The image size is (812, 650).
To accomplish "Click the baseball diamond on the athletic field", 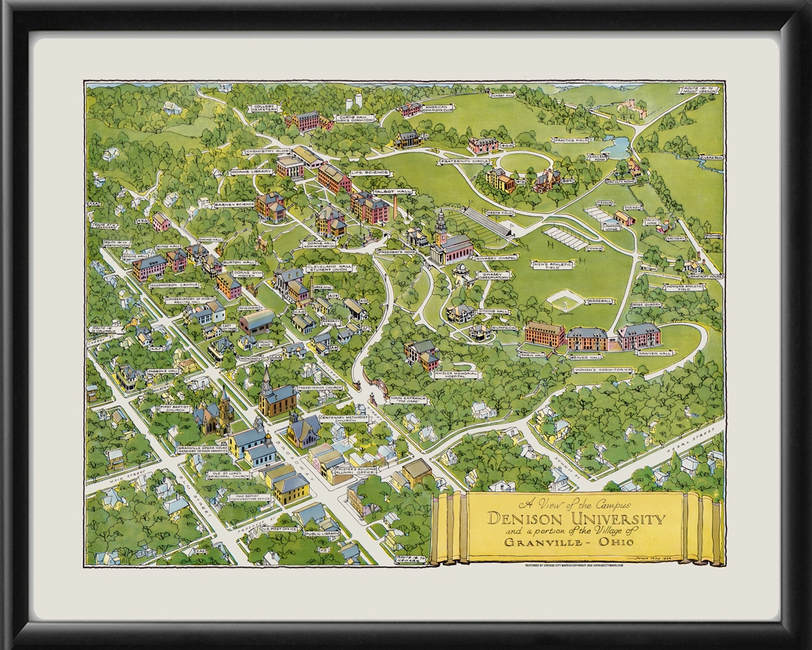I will coord(563,302).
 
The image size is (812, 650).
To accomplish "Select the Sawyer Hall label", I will coord(655,353).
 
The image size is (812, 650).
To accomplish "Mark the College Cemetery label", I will coord(261,111).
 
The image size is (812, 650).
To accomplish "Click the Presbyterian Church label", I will coord(322,387).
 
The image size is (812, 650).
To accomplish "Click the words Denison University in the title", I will coord(577,518).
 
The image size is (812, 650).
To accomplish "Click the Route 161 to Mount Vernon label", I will coord(699,91).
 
